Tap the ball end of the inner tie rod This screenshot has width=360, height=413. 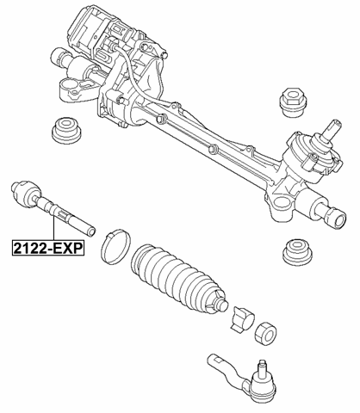coord(21,190)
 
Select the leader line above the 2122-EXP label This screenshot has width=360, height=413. coord(53,228)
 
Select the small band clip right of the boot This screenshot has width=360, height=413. coord(240,318)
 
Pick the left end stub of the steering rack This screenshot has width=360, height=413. coord(59,58)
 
